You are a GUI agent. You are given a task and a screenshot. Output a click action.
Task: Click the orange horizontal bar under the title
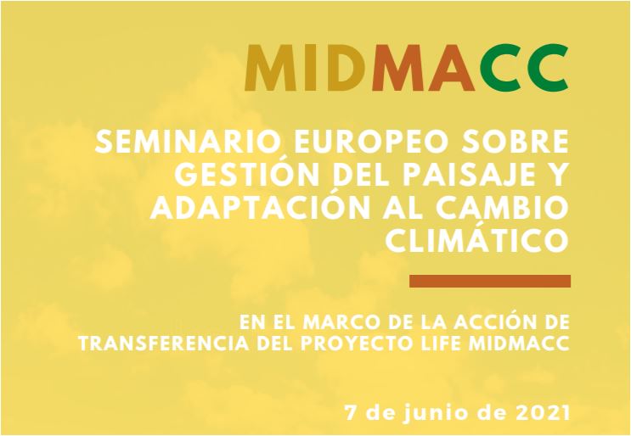(490, 281)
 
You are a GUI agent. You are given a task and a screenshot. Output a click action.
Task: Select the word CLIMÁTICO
(477, 239)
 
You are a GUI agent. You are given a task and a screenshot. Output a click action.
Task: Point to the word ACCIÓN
(493, 321)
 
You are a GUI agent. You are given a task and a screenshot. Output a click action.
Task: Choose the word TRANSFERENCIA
(163, 344)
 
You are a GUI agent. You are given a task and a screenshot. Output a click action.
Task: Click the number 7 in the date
(351, 413)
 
